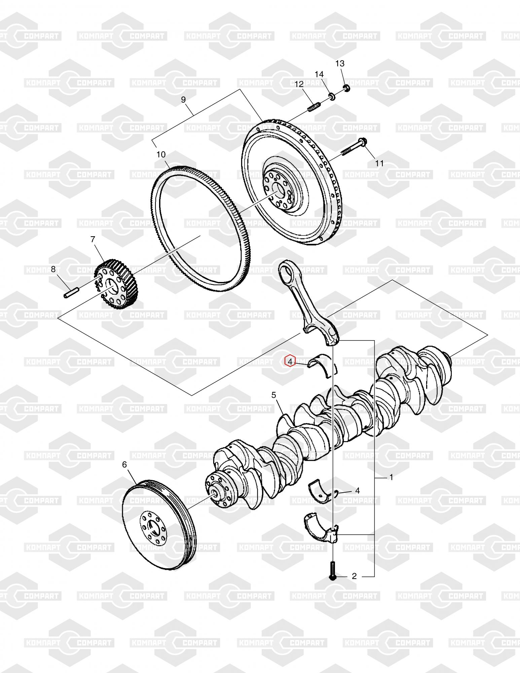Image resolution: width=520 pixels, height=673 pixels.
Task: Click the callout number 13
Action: pyautogui.click(x=340, y=63)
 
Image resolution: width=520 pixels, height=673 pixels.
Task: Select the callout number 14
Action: pyautogui.click(x=319, y=74)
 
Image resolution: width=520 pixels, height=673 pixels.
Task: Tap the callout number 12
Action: pyautogui.click(x=299, y=84)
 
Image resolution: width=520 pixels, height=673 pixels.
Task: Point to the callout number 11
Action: pyautogui.click(x=379, y=163)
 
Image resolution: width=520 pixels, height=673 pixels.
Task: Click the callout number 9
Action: pyautogui.click(x=183, y=100)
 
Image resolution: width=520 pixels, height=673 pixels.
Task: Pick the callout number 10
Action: pyautogui.click(x=161, y=154)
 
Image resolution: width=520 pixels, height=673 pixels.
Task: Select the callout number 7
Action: pyautogui.click(x=92, y=239)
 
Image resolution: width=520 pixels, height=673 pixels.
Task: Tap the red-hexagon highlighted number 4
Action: pyautogui.click(x=290, y=361)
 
